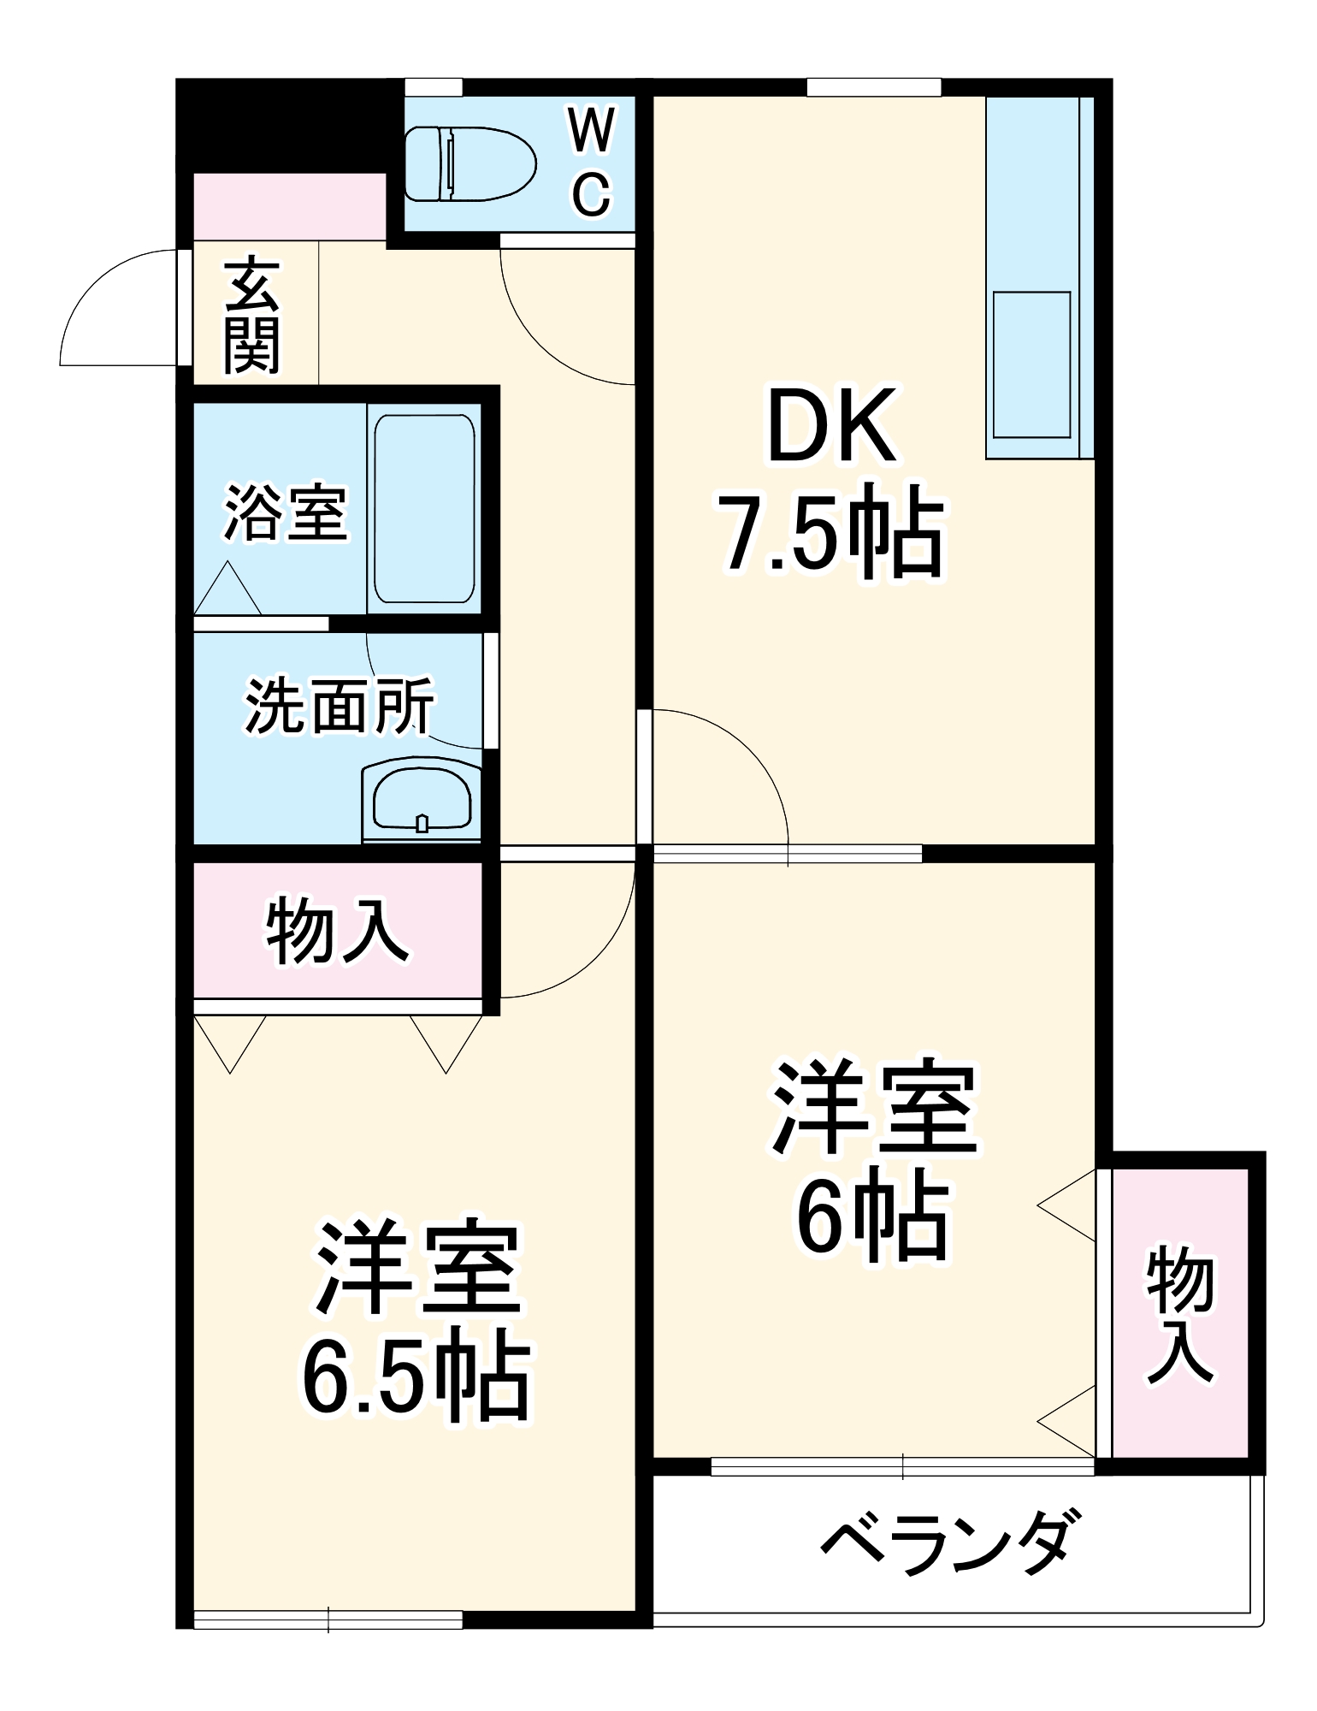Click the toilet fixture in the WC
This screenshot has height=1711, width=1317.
click(x=470, y=164)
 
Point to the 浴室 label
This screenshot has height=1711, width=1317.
click(x=286, y=513)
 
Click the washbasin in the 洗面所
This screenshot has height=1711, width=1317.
click(x=422, y=799)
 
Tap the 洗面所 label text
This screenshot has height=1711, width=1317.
click(x=340, y=707)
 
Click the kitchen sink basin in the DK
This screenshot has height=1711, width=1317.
click(x=1031, y=364)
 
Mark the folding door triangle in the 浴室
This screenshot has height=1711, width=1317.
click(x=227, y=589)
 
